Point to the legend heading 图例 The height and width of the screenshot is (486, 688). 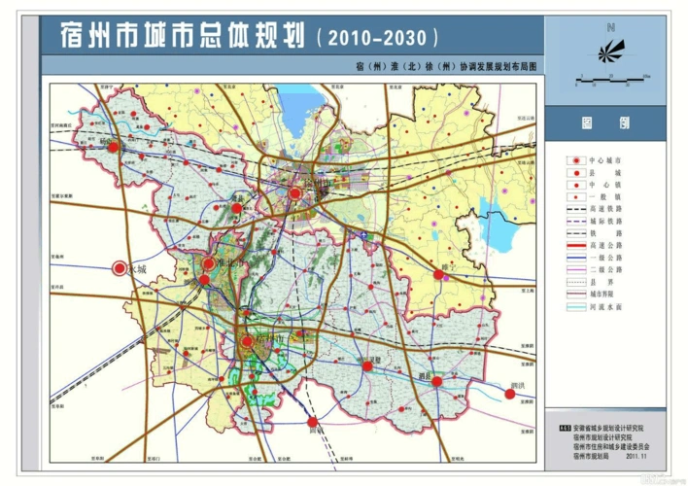pyautogui.click(x=605, y=124)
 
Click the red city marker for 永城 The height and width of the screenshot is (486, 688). pyautogui.click(x=120, y=268)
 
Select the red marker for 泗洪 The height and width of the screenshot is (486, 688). pyautogui.click(x=509, y=394)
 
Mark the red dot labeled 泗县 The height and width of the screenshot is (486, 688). pyautogui.click(x=437, y=381)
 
